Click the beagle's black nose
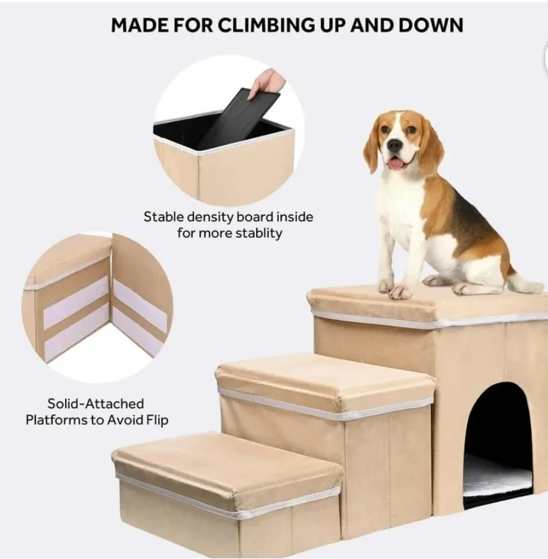[x=395, y=145]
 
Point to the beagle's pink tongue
[x=397, y=163]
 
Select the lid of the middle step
[x=324, y=379]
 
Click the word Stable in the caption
[x=164, y=218]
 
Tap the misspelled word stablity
[x=257, y=234]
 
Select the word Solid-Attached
[x=95, y=404]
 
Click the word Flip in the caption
[x=154, y=420]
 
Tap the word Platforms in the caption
[x=55, y=420]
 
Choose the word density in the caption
[x=216, y=218]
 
